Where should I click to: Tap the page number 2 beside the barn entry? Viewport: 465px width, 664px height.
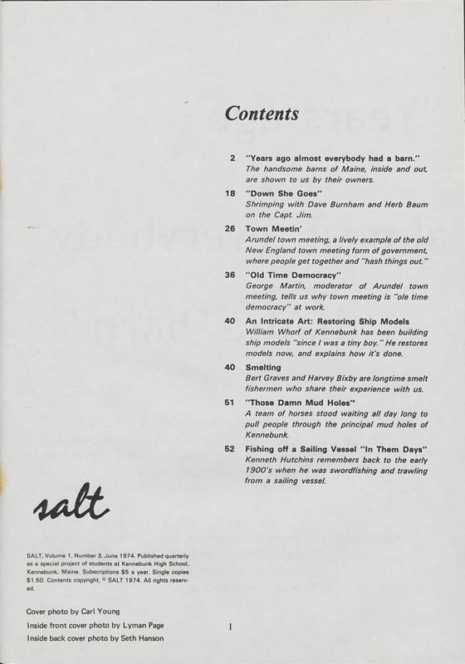pyautogui.click(x=232, y=157)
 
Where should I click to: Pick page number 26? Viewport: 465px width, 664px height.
pyautogui.click(x=231, y=227)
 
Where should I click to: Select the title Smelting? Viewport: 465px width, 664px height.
pyautogui.click(x=267, y=367)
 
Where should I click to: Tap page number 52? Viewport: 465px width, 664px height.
pyautogui.click(x=231, y=448)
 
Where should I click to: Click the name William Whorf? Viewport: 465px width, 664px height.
pyautogui.click(x=273, y=332)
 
